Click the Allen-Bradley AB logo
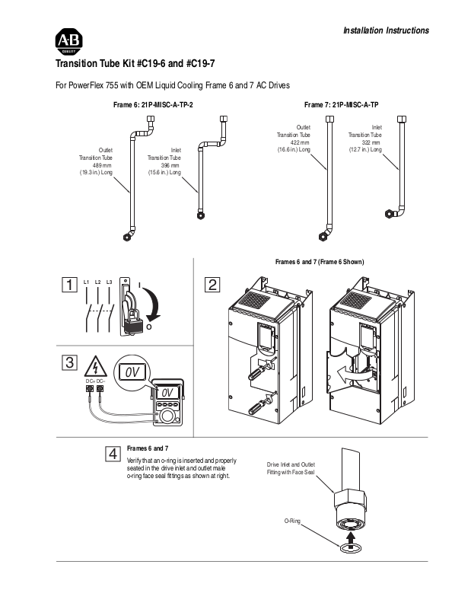[68, 42]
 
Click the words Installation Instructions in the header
[386, 30]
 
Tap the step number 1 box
[69, 285]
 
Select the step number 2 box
[212, 285]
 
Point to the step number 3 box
[69, 362]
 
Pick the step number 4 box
[113, 454]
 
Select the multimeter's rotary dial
[167, 416]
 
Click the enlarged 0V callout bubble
[132, 372]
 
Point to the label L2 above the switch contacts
[98, 282]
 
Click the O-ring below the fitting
[349, 548]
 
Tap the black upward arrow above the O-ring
[350, 538]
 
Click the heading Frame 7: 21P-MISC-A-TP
[342, 105]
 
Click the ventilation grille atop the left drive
[255, 299]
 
